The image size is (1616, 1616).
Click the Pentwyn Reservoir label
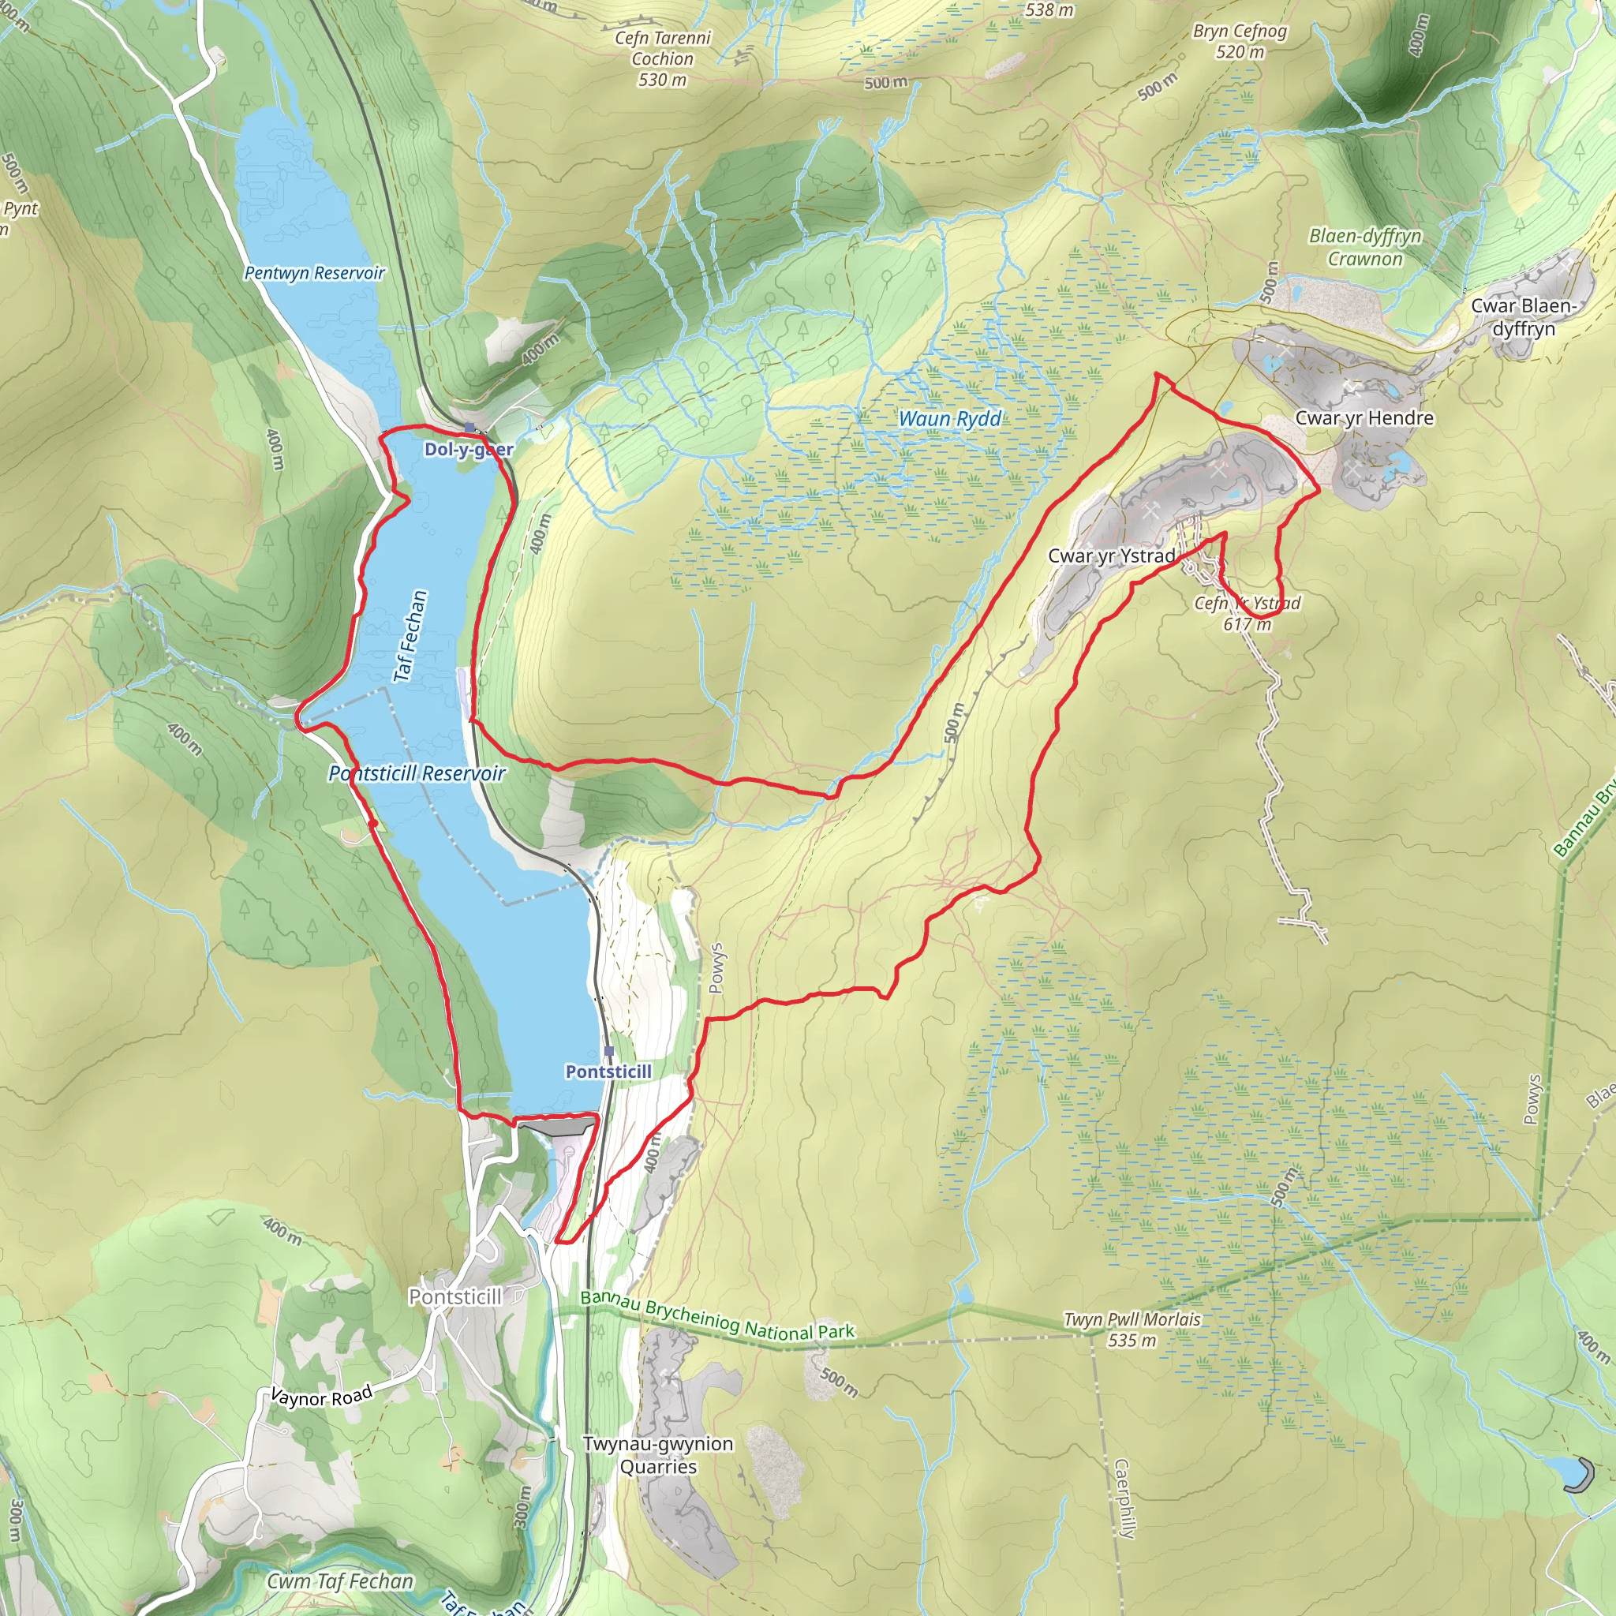pyautogui.click(x=314, y=273)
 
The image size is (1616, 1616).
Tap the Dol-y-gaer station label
pyautogui.click(x=469, y=449)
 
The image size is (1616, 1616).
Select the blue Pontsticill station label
pyautogui.click(x=608, y=1072)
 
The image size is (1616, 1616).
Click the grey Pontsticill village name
pyautogui.click(x=455, y=1296)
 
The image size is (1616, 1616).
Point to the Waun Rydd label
pyautogui.click(x=949, y=418)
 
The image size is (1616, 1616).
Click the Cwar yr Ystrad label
pyautogui.click(x=1111, y=555)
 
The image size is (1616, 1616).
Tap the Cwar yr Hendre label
pyautogui.click(x=1363, y=417)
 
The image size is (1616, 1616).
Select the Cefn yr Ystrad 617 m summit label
pyautogui.click(x=1248, y=613)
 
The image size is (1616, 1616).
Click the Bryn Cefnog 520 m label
pyautogui.click(x=1240, y=41)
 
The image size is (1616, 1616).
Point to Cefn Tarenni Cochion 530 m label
pyautogui.click(x=663, y=58)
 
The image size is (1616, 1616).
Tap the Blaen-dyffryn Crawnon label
pyautogui.click(x=1365, y=247)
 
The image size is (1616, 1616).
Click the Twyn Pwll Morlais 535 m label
pyautogui.click(x=1132, y=1329)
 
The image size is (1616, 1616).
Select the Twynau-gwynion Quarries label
pyautogui.click(x=658, y=1454)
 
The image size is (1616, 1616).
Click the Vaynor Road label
pyautogui.click(x=321, y=1397)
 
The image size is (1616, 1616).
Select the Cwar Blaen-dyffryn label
pyautogui.click(x=1523, y=317)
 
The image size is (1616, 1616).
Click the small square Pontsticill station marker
pyautogui.click(x=609, y=1050)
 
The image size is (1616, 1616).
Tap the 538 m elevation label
pyautogui.click(x=1049, y=10)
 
